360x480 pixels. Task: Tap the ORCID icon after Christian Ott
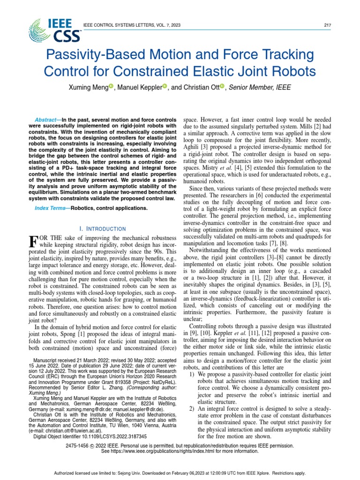pyautogui.click(x=222, y=86)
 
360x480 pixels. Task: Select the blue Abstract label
pyautogui.click(x=47, y=120)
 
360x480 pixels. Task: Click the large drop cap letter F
pyautogui.click(x=33, y=242)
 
